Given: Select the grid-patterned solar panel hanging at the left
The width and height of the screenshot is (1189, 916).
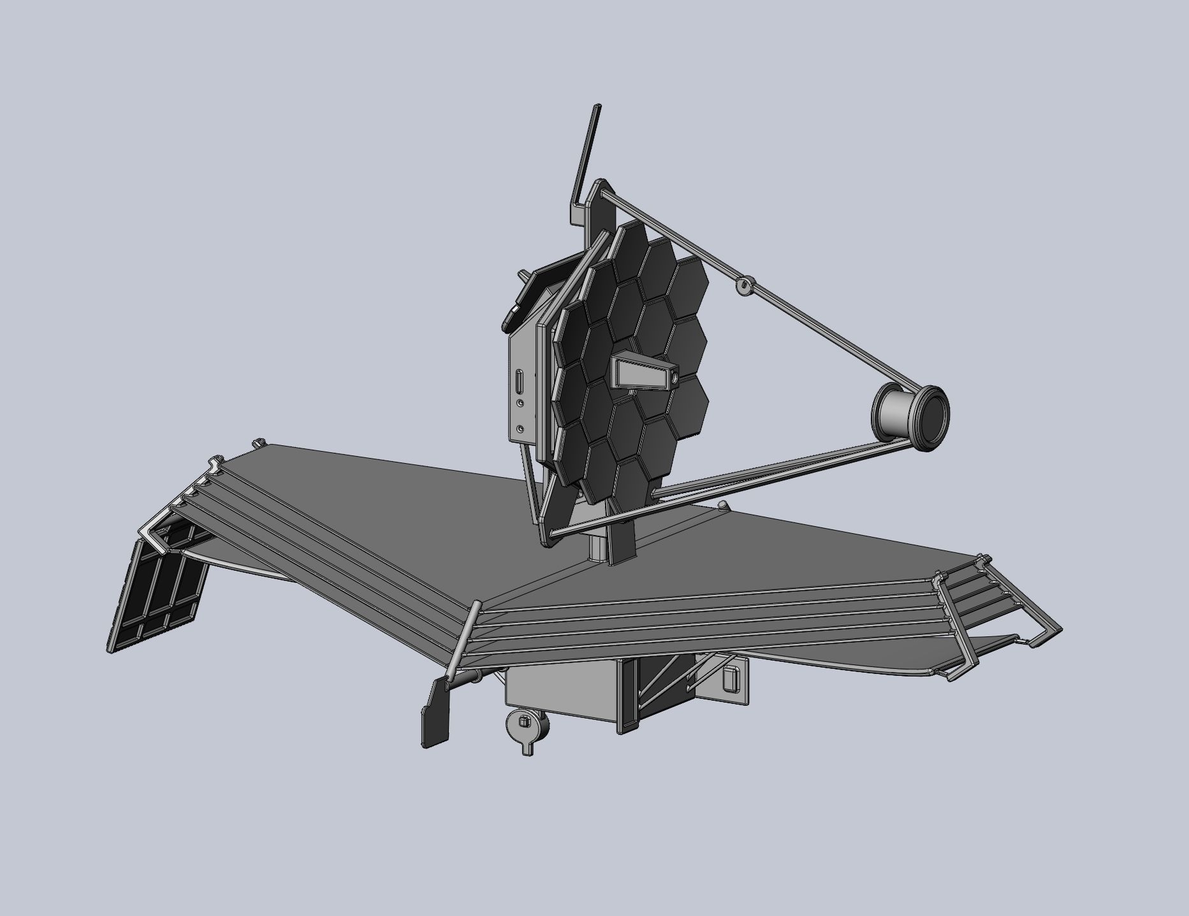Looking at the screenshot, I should click(158, 585).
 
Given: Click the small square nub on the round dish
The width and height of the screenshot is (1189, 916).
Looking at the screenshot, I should click(525, 721).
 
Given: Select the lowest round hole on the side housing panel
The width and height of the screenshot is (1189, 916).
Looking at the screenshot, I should click(522, 430).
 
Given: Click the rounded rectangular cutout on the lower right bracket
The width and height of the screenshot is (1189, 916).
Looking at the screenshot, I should click(731, 679).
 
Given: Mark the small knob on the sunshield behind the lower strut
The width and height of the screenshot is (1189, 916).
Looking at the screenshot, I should click(721, 505).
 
